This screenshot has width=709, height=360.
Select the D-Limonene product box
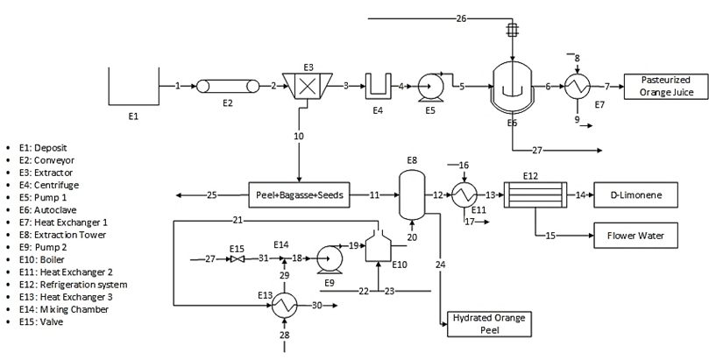click(635, 194)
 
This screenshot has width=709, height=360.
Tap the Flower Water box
click(635, 236)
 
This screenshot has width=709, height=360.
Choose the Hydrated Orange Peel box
click(487, 323)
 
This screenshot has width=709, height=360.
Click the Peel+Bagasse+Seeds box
click(301, 194)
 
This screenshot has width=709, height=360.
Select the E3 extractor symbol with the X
click(308, 86)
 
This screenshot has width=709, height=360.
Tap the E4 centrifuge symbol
click(379, 87)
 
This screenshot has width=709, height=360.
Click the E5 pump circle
click(430, 87)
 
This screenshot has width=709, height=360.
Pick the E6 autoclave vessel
click(512, 87)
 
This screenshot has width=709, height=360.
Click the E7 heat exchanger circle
click(577, 86)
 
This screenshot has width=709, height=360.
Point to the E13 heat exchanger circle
click(284, 305)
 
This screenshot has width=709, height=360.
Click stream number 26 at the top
click(462, 18)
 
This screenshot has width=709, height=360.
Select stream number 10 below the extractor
click(299, 136)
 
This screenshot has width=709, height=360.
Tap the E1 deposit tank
click(133, 86)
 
